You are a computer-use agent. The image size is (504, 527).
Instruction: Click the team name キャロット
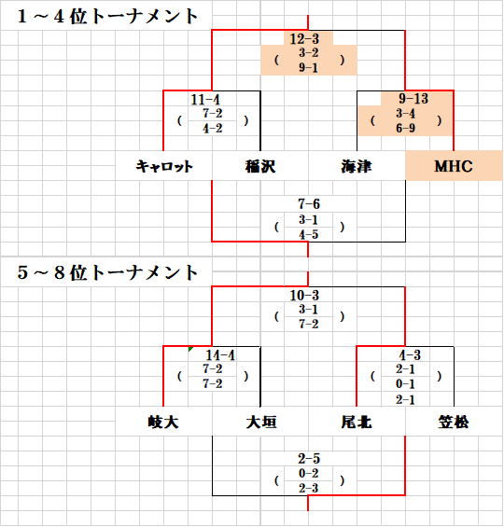click(x=164, y=166)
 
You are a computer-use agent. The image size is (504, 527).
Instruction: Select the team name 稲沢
click(x=260, y=166)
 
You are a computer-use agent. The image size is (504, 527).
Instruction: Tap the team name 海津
click(x=357, y=166)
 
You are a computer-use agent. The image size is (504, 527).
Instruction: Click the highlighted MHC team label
click(x=454, y=166)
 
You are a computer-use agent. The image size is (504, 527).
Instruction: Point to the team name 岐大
click(x=163, y=422)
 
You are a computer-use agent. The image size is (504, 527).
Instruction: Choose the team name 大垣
click(x=261, y=422)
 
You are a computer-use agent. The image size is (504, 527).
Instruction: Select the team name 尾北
click(x=357, y=422)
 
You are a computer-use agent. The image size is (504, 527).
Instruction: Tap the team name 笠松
click(x=454, y=422)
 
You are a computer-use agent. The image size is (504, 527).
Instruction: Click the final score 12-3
click(x=304, y=39)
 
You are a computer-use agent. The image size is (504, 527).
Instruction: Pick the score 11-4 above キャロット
click(x=205, y=100)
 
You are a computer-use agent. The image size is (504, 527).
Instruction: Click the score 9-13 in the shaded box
click(x=413, y=99)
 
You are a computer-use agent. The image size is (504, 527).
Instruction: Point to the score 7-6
click(x=309, y=204)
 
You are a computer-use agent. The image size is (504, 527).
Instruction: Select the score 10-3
click(x=304, y=296)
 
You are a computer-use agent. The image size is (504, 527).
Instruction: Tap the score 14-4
click(x=220, y=355)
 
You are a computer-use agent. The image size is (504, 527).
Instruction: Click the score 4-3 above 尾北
click(x=410, y=355)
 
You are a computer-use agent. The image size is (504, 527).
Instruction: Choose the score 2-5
click(x=309, y=459)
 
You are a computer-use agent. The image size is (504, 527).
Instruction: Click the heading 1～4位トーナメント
click(x=107, y=16)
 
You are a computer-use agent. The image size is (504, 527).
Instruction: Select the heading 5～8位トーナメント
click(x=107, y=272)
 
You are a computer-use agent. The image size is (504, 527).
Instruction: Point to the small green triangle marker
click(x=190, y=349)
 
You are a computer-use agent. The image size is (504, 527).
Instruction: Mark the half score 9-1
click(x=308, y=68)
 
